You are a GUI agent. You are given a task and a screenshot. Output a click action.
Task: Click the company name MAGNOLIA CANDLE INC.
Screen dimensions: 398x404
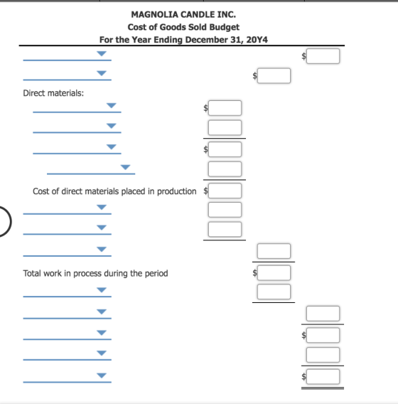click(183, 14)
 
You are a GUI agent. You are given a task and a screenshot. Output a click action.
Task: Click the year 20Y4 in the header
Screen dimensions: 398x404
click(257, 40)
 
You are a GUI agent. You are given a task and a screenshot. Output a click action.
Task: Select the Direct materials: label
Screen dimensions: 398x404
click(53, 93)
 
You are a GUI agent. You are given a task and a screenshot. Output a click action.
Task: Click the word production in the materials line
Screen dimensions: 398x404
click(176, 191)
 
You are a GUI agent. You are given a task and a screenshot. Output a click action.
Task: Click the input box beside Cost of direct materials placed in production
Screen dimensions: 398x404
click(225, 191)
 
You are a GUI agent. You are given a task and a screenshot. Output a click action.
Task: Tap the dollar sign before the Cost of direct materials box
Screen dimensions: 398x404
click(205, 191)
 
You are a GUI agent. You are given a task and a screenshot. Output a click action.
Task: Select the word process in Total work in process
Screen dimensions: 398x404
click(87, 273)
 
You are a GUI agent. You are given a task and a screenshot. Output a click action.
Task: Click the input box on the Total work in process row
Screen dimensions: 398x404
click(274, 273)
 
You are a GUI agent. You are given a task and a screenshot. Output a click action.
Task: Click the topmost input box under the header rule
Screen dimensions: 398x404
click(323, 56)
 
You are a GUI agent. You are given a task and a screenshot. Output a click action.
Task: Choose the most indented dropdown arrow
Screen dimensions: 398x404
click(125, 167)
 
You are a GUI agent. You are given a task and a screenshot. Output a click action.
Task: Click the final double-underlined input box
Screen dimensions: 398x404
click(323, 377)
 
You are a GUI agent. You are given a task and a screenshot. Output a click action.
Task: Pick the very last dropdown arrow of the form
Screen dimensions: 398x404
click(102, 376)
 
